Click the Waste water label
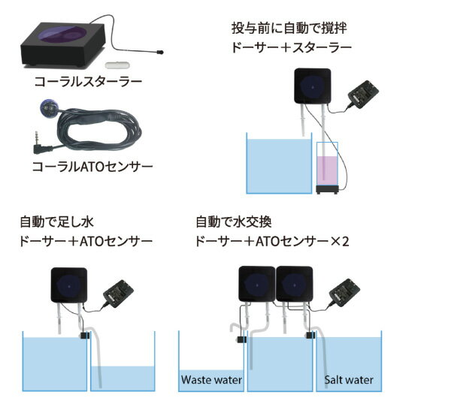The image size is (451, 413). (210, 379)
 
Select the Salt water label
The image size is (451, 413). (349, 379)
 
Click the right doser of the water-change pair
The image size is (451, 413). (295, 286)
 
